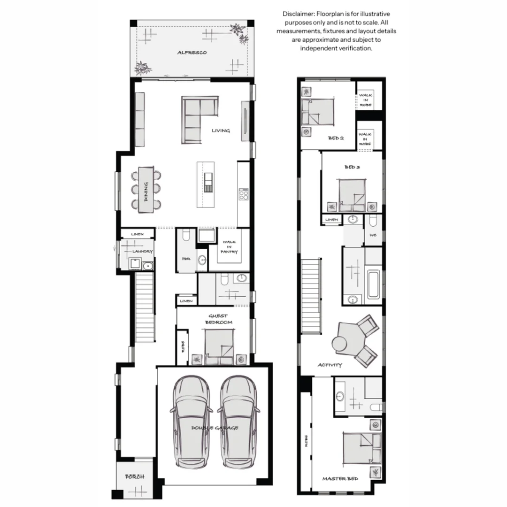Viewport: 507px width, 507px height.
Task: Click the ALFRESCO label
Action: click(x=192, y=53)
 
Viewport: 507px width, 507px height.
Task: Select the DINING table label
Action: click(x=146, y=191)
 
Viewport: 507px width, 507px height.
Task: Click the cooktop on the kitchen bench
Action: click(x=244, y=193)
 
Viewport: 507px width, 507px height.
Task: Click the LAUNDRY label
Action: click(x=142, y=252)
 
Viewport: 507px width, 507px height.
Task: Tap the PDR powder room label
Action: click(x=186, y=259)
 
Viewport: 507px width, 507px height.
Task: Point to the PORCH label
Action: click(x=134, y=476)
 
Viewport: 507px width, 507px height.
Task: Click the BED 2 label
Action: click(x=336, y=138)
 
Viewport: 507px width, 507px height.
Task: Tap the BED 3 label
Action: click(x=352, y=167)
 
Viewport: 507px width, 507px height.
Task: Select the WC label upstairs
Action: click(x=374, y=235)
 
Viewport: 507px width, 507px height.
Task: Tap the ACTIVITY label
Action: click(x=330, y=365)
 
